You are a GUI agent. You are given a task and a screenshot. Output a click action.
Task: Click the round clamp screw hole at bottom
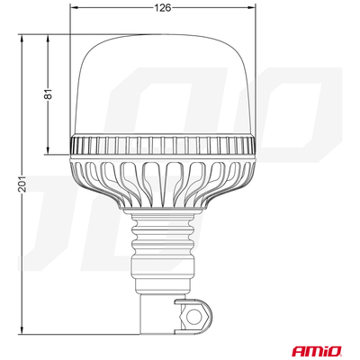(x=193, y=316)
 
